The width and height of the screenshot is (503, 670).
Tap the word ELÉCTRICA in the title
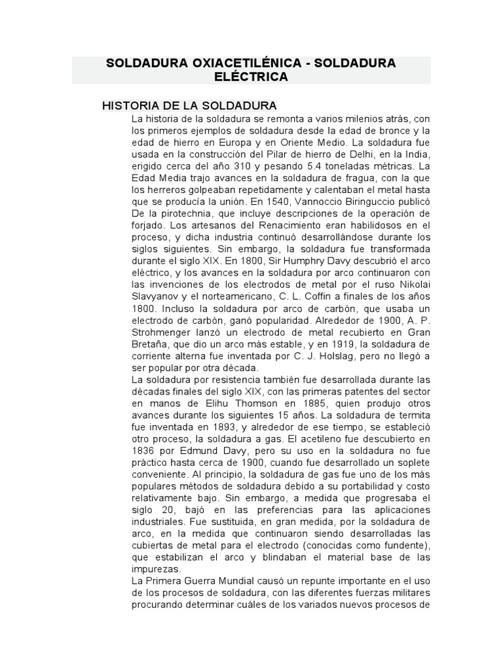pyautogui.click(x=251, y=77)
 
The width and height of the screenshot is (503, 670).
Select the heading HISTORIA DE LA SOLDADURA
pyautogui.click(x=190, y=106)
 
